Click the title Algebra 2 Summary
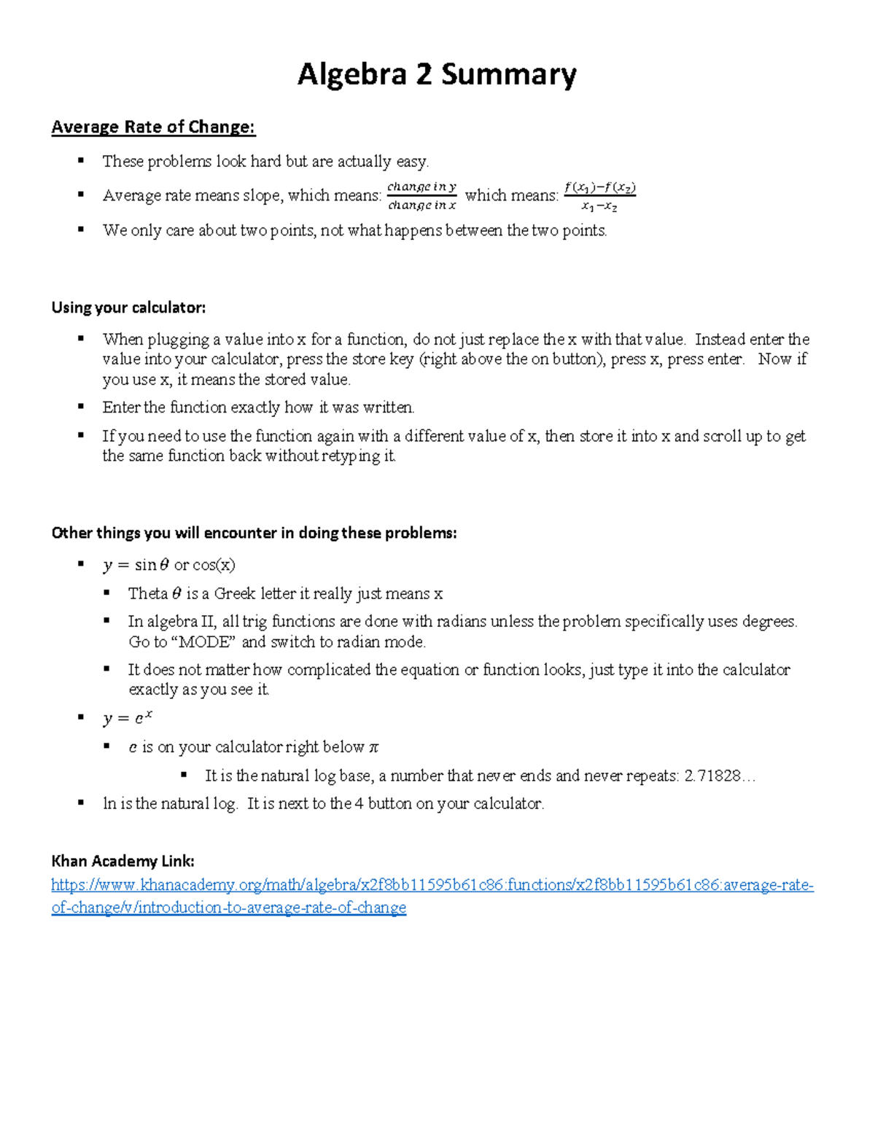tap(437, 75)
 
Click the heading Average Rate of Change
tap(153, 127)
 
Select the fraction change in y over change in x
tap(421, 196)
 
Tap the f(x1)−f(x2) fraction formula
tap(599, 196)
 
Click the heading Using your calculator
tap(128, 308)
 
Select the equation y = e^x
tap(128, 718)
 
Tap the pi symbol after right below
tap(374, 747)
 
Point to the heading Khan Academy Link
tap(122, 861)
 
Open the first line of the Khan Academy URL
tap(432, 885)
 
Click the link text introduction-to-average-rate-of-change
tap(271, 907)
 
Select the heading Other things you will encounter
tap(254, 533)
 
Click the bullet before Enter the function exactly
tap(82, 407)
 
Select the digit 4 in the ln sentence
tap(359, 804)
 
